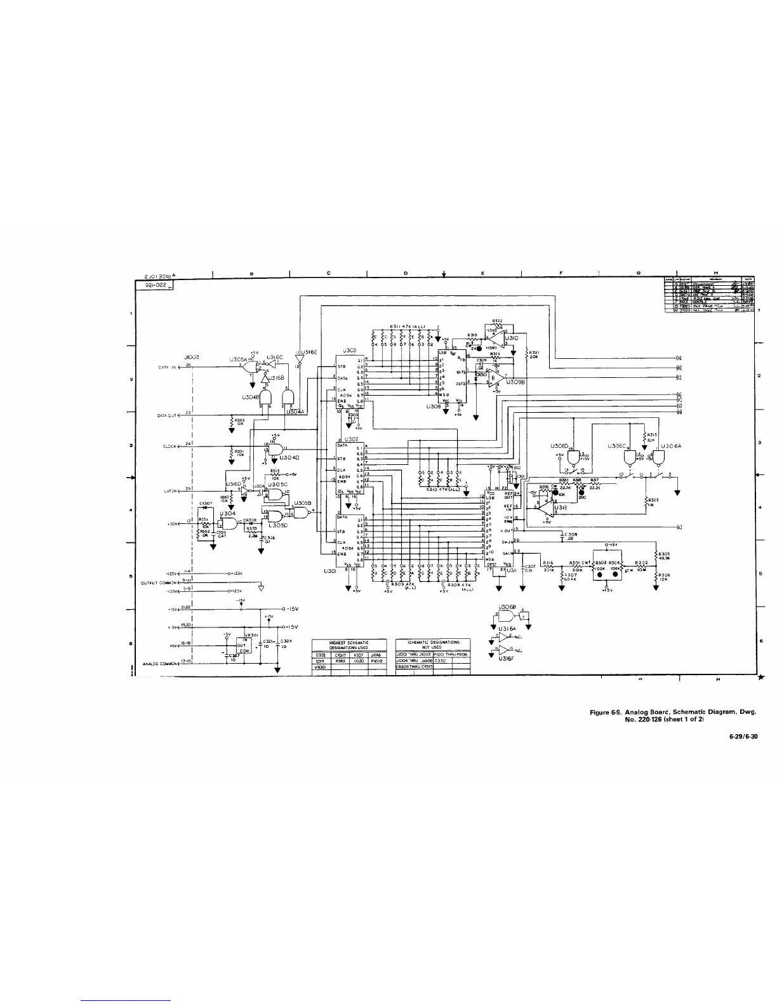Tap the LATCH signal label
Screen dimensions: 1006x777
point(169,491)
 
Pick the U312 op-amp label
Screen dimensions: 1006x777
point(560,507)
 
